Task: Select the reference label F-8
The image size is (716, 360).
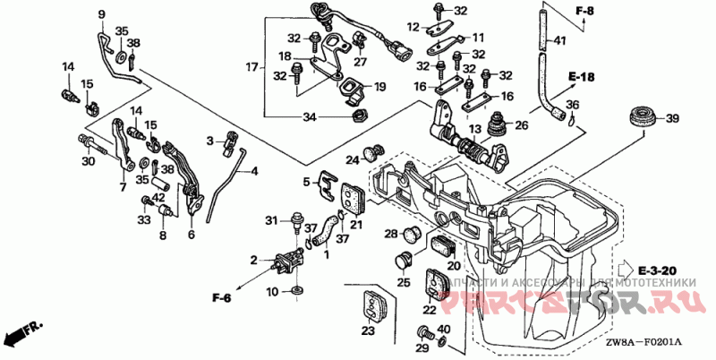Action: click(x=584, y=11)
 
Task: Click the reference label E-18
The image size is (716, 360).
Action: click(x=581, y=78)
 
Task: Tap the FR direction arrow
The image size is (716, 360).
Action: click(x=22, y=338)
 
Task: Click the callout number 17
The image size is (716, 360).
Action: click(x=252, y=66)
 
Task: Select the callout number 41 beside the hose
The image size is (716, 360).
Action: click(x=559, y=41)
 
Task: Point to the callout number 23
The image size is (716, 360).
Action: click(x=366, y=331)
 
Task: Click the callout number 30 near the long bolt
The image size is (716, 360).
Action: click(x=87, y=161)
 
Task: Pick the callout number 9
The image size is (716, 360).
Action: click(x=101, y=13)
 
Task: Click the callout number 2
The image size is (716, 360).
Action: click(x=253, y=260)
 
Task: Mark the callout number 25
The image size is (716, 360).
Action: click(x=405, y=282)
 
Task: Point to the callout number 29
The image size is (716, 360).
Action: click(x=422, y=347)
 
